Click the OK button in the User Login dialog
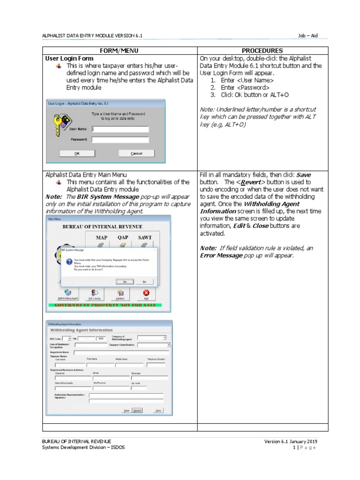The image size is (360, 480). (77, 153)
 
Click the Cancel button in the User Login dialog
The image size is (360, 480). (136, 153)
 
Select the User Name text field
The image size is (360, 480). (120, 129)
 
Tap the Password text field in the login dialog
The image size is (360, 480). (120, 140)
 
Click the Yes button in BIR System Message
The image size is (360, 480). (125, 282)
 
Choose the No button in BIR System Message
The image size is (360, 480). (144, 282)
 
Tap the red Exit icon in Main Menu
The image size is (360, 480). (146, 292)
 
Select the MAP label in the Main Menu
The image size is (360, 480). (102, 238)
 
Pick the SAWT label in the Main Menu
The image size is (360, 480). (145, 238)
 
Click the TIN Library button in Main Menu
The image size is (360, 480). (94, 294)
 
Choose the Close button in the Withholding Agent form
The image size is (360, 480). (158, 411)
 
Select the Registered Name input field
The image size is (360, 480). (121, 351)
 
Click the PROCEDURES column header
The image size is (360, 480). (262, 51)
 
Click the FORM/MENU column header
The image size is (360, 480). (120, 51)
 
